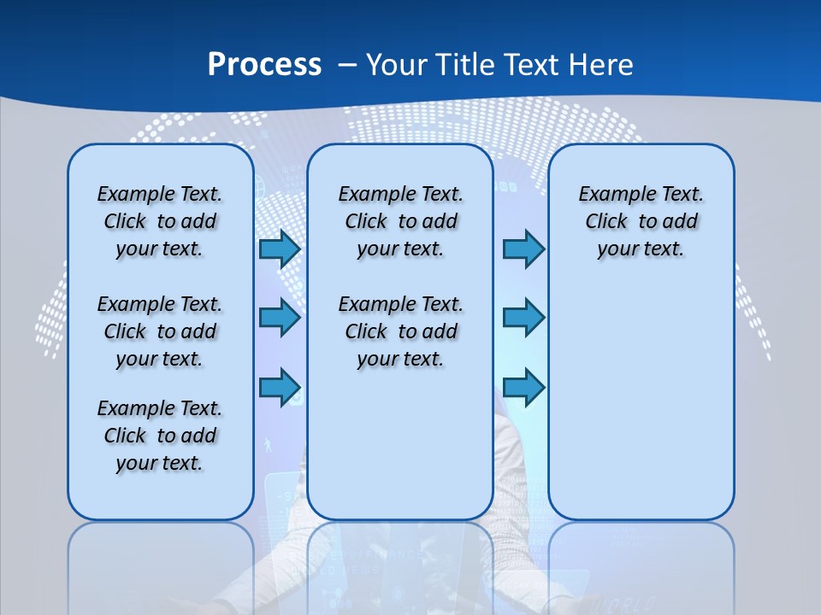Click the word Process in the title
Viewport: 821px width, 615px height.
pyautogui.click(x=264, y=65)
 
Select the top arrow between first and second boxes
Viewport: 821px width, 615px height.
pyautogui.click(x=280, y=249)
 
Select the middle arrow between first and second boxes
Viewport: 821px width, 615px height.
pyautogui.click(x=280, y=318)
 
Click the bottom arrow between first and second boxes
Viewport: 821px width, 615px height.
pyautogui.click(x=280, y=387)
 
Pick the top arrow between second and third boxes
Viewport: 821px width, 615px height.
pyautogui.click(x=523, y=249)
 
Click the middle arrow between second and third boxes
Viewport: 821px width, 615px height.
pyautogui.click(x=523, y=318)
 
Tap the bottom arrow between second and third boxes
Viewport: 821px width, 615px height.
pyautogui.click(x=523, y=387)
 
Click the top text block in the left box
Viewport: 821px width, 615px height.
pyautogui.click(x=160, y=221)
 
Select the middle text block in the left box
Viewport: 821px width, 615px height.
pyautogui.click(x=160, y=331)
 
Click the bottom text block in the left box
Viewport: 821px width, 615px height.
pyautogui.click(x=160, y=436)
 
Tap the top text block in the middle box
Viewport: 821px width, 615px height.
pyautogui.click(x=400, y=221)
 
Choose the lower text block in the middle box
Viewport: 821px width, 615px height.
pyautogui.click(x=400, y=331)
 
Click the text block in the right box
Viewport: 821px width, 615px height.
pyautogui.click(x=641, y=221)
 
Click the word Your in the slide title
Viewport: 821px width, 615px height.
pyautogui.click(x=397, y=65)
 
